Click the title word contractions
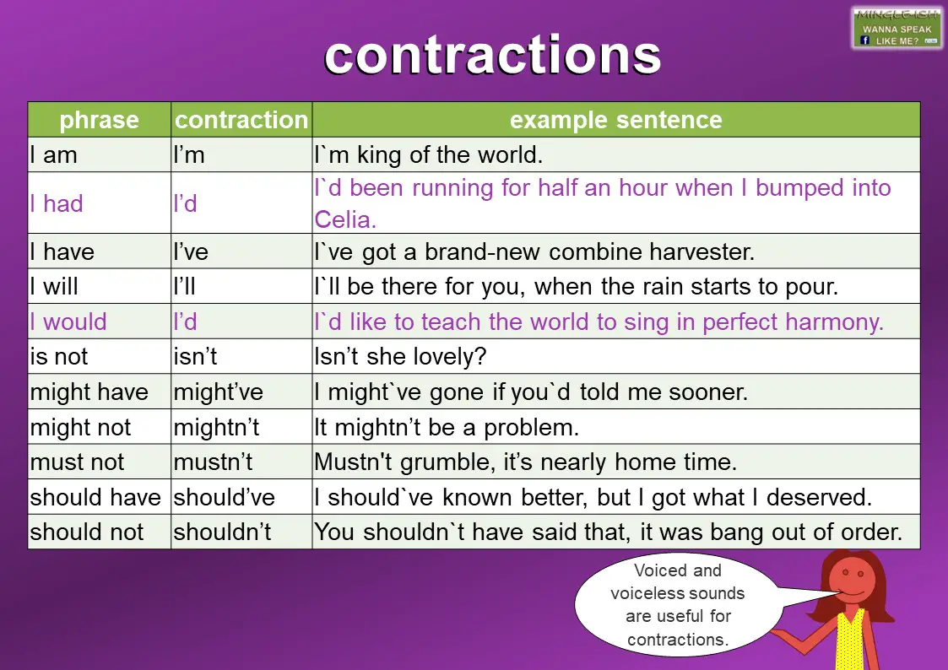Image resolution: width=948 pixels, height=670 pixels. click(x=492, y=56)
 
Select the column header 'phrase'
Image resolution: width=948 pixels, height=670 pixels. click(x=99, y=120)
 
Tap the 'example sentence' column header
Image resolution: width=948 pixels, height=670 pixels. click(x=615, y=120)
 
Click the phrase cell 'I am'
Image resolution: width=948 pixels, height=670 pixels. click(x=54, y=155)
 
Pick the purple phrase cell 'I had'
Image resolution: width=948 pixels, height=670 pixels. click(x=57, y=203)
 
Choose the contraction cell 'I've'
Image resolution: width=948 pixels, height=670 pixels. click(x=191, y=251)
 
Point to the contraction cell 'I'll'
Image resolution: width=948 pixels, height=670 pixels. click(x=184, y=287)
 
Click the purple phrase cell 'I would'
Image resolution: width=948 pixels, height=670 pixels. click(x=68, y=321)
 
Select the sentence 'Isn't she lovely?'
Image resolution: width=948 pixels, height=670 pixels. click(x=400, y=357)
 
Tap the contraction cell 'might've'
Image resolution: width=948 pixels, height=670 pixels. click(x=218, y=392)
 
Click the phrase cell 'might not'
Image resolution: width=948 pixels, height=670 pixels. click(x=80, y=428)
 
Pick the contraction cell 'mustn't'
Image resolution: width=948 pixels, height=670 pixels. click(x=213, y=462)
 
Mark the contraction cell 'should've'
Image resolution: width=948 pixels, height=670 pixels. click(x=225, y=498)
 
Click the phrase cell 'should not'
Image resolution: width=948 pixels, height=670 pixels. click(x=87, y=532)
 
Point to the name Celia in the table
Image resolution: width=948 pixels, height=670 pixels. click(x=345, y=219)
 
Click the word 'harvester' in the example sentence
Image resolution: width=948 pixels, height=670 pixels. click(x=702, y=251)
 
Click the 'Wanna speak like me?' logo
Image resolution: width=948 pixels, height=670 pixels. click(x=897, y=28)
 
